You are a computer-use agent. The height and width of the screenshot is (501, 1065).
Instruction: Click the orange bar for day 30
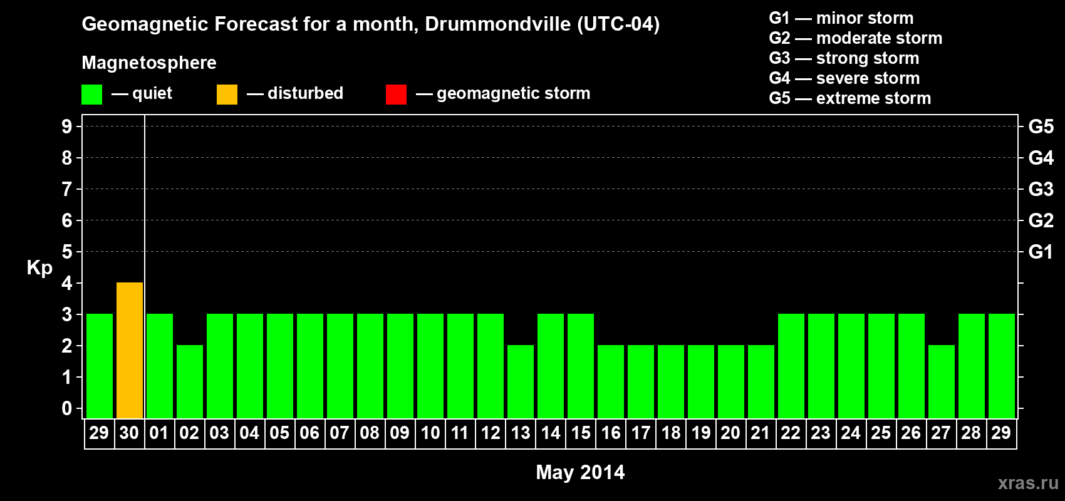pyautogui.click(x=130, y=350)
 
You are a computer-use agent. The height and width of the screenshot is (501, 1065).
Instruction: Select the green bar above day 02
pyautogui.click(x=190, y=381)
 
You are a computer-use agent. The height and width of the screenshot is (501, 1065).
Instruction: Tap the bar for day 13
pyautogui.click(x=521, y=381)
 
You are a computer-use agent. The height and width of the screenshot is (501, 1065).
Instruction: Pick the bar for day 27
pyautogui.click(x=942, y=381)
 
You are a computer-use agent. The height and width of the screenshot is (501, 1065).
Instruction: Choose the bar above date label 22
pyautogui.click(x=791, y=366)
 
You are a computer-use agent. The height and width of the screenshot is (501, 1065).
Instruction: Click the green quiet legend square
pyautogui.click(x=91, y=95)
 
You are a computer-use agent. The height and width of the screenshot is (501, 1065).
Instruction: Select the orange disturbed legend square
pyautogui.click(x=227, y=95)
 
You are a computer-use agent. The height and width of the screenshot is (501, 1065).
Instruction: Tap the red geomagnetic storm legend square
pyautogui.click(x=396, y=95)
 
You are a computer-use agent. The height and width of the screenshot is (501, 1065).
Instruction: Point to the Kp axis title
pyautogui.click(x=39, y=267)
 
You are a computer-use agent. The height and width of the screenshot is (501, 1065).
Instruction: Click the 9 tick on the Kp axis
pyautogui.click(x=67, y=127)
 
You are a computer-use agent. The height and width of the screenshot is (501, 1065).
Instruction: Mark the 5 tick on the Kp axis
pyautogui.click(x=67, y=252)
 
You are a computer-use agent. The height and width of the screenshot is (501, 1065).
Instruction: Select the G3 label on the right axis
pyautogui.click(x=1041, y=189)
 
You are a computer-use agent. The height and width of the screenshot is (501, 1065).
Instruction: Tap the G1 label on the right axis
pyautogui.click(x=1041, y=252)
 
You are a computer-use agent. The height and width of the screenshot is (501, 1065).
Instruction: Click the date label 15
pyautogui.click(x=581, y=433)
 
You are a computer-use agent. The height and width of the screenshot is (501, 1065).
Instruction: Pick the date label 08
pyautogui.click(x=370, y=433)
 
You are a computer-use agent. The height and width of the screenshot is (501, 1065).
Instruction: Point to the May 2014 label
pyautogui.click(x=580, y=472)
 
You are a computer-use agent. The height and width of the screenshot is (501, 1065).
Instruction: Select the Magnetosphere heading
pyautogui.click(x=149, y=63)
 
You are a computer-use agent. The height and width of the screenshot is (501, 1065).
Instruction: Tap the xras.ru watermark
pyautogui.click(x=1028, y=483)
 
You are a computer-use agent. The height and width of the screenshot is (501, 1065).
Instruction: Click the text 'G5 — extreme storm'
pyautogui.click(x=849, y=98)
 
